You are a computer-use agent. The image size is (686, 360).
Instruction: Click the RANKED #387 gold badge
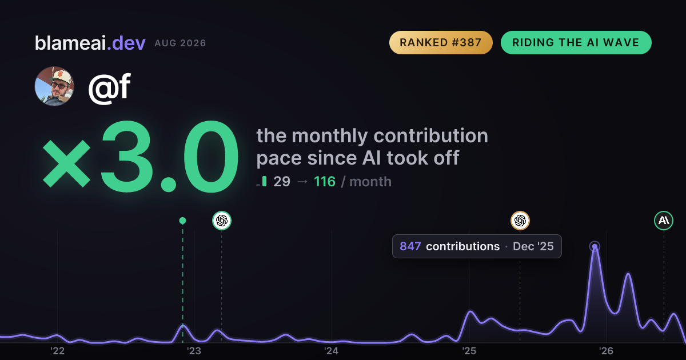tap(441, 42)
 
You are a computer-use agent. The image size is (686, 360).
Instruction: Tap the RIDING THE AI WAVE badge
tap(576, 42)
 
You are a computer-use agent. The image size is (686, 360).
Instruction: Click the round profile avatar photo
tap(54, 86)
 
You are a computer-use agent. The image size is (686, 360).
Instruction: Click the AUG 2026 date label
tap(180, 43)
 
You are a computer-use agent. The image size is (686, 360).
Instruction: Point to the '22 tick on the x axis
tap(58, 351)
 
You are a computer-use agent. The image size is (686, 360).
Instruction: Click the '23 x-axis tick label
tap(194, 351)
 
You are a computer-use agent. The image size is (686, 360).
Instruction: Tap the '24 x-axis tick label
tap(332, 351)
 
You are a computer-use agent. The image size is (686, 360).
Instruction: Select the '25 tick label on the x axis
tap(469, 351)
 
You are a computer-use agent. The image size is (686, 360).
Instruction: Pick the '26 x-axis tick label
tap(606, 351)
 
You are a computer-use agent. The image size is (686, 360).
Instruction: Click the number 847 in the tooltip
tap(410, 246)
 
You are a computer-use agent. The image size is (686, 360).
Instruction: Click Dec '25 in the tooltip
tap(533, 246)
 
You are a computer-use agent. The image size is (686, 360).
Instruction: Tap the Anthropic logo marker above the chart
tap(664, 221)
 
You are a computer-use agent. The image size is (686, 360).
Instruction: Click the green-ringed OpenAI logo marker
tap(222, 221)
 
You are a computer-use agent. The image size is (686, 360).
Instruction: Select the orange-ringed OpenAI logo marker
tap(520, 221)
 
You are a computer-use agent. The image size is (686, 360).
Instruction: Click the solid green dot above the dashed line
tap(182, 221)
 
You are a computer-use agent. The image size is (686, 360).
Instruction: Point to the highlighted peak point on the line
tap(595, 246)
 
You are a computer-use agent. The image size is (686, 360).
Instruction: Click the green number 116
tap(325, 182)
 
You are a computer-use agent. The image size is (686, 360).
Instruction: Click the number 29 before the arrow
tap(282, 182)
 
